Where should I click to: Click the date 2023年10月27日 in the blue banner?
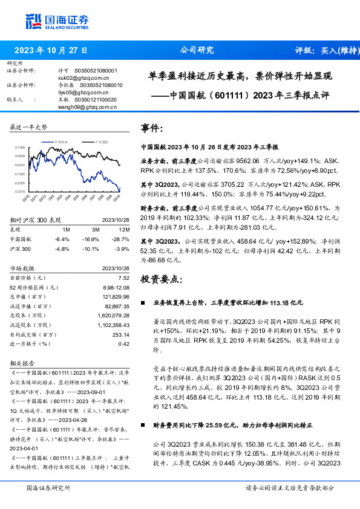tap(50, 51)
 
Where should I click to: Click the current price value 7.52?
tap(124, 277)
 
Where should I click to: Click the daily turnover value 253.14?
tap(121, 334)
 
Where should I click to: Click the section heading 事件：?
tap(152, 129)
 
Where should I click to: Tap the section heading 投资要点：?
tap(160, 279)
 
